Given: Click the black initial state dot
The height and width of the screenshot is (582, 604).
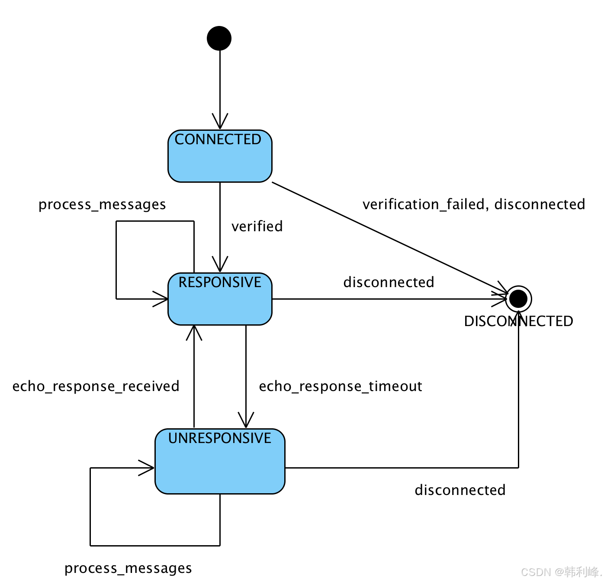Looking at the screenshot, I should click(x=219, y=38).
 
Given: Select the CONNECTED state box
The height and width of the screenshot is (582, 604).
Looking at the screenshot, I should click(x=220, y=156).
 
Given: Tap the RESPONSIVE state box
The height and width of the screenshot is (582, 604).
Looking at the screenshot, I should click(x=220, y=299).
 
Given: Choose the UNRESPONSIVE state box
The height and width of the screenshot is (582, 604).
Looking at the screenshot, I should click(x=220, y=462).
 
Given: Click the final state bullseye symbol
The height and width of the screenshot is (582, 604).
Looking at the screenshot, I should click(x=518, y=299).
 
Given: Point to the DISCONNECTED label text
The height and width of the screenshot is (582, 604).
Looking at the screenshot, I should click(x=518, y=321).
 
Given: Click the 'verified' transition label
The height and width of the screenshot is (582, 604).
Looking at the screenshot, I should click(x=257, y=226).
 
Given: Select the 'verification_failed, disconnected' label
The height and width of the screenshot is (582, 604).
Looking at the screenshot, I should click(x=473, y=204).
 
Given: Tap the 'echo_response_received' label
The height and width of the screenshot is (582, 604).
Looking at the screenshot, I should click(x=96, y=386).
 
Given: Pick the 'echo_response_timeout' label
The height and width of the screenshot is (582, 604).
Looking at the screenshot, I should click(x=340, y=386).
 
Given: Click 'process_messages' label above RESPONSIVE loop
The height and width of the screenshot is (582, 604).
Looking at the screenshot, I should click(x=102, y=204).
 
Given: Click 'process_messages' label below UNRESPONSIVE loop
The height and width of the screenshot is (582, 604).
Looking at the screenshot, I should click(x=128, y=568).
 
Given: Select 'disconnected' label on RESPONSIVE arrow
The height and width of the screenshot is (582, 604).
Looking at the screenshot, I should click(x=389, y=282).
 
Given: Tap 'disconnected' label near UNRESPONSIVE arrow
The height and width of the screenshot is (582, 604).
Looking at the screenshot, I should click(x=460, y=490).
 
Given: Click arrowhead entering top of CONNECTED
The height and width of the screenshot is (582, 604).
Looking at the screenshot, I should click(x=220, y=123).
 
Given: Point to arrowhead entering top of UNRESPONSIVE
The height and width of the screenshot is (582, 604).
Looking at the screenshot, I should click(x=246, y=421).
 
